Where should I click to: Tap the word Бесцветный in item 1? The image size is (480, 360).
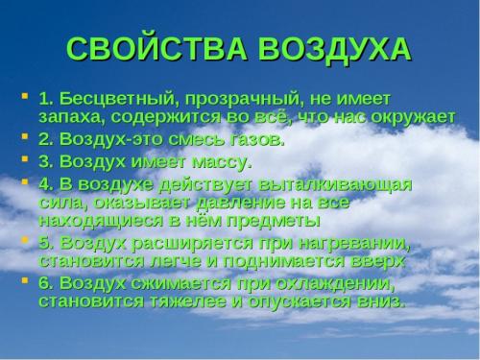[119, 100]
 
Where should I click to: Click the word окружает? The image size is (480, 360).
[410, 117]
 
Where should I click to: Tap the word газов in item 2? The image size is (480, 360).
[259, 139]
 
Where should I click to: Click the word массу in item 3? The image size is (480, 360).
[218, 161]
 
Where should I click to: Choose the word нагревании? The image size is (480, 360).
[349, 242]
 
